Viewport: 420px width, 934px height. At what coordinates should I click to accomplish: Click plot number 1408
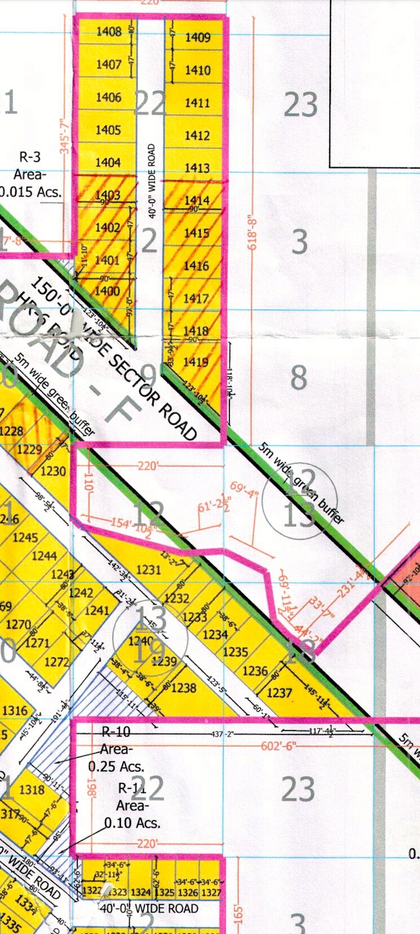coord(109,32)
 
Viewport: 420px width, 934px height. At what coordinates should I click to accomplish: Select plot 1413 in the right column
coord(197,168)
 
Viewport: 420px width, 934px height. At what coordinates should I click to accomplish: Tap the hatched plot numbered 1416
coord(196,266)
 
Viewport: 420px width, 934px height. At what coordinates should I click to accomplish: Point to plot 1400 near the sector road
coord(107,291)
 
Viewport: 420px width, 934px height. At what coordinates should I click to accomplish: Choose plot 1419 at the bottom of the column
coord(196,362)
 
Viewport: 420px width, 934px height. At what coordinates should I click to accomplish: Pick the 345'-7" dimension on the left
coord(65,138)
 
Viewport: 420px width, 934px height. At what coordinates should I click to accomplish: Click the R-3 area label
coord(30,157)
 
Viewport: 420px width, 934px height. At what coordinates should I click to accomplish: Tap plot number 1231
coord(149,570)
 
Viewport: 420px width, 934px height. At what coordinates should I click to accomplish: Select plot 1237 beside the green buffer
coord(279,693)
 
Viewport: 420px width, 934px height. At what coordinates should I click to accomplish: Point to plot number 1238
coord(184,688)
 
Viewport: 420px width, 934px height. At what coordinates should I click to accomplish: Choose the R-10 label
coord(116,732)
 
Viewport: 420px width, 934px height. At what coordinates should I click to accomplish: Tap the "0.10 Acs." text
coord(132,823)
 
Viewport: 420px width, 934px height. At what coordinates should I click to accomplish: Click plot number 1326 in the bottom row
coord(188,892)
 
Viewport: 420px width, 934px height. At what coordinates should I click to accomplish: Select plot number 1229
coord(29,450)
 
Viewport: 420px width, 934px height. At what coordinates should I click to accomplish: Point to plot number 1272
coord(56,662)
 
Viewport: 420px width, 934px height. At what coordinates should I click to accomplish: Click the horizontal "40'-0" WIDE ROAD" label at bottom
coord(149,909)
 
